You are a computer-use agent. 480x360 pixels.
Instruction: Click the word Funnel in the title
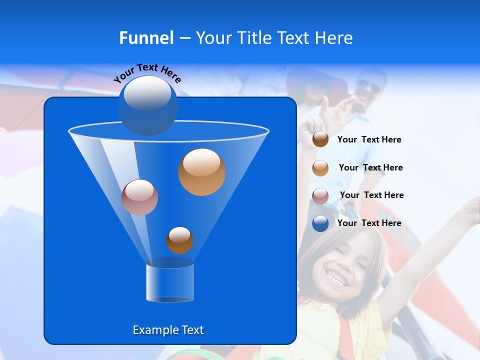tap(146, 37)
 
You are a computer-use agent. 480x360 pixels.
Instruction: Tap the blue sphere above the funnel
tap(147, 105)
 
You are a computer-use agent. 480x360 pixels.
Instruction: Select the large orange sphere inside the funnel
tap(201, 171)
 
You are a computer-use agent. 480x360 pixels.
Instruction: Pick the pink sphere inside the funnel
tap(139, 197)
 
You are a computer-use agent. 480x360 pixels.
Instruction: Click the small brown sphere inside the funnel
tap(179, 240)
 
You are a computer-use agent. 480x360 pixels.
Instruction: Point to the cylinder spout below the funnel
tap(170, 282)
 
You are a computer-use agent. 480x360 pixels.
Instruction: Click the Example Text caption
tap(168, 330)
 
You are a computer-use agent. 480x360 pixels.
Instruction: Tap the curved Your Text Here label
tap(147, 73)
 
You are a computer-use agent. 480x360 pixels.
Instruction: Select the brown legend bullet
tap(320, 139)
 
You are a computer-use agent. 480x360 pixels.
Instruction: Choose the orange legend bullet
tap(320, 168)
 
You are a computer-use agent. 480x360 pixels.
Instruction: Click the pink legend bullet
tap(320, 196)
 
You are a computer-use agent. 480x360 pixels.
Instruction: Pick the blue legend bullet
tap(320, 223)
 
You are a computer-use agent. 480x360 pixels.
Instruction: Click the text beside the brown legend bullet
tap(369, 139)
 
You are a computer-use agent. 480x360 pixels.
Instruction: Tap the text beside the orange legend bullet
tap(370, 167)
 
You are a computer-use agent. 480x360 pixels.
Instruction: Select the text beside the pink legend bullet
tap(371, 195)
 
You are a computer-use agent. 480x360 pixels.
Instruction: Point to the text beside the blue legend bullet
tap(369, 223)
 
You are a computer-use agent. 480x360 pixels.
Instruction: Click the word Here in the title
tap(333, 37)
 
